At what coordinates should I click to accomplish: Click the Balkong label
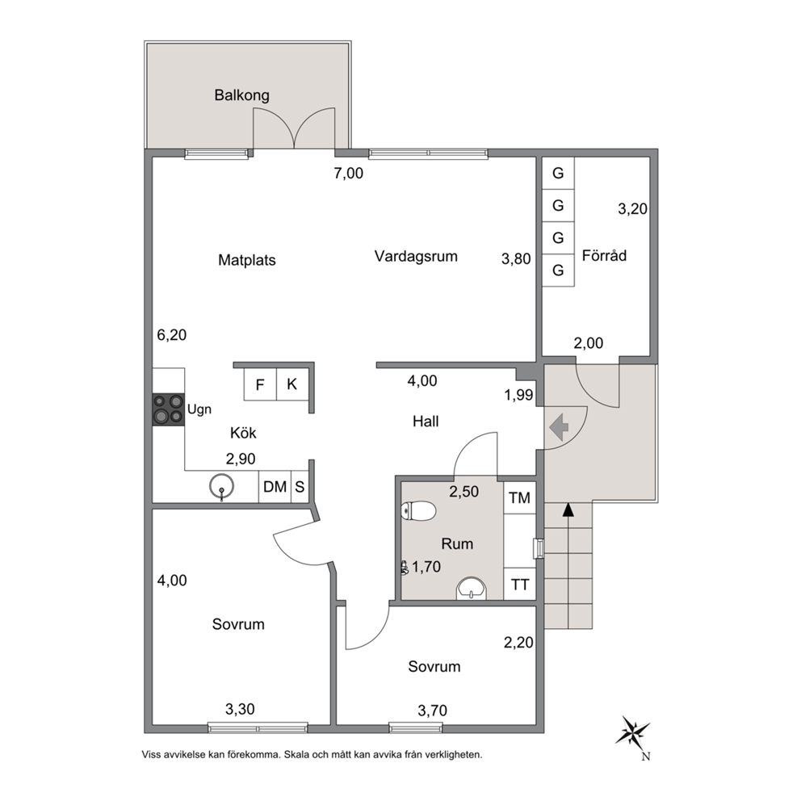241,95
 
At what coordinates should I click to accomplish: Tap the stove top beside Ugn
169,409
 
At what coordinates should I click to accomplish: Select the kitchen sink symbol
221,486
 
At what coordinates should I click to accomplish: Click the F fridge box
260,384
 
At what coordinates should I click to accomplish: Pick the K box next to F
292,384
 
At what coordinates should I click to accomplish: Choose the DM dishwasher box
275,487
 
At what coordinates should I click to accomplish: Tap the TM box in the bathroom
519,497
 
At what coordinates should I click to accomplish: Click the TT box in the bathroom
519,584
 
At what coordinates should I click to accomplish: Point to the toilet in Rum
418,511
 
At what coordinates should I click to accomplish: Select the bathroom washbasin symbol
472,588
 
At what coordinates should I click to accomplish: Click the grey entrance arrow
560,426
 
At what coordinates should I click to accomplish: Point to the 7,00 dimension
348,174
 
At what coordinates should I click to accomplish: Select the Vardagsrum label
416,257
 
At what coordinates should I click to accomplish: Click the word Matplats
247,260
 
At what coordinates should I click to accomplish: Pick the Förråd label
604,255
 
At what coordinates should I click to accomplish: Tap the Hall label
426,421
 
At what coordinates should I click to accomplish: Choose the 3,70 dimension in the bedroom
432,711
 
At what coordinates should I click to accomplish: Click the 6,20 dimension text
172,335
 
